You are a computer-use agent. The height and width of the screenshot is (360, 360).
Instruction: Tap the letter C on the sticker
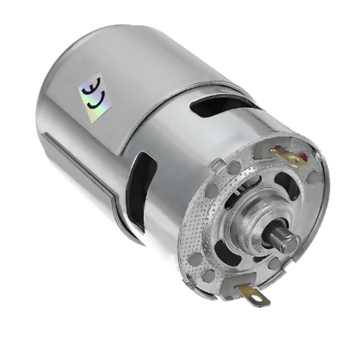pyautogui.click(x=95, y=101)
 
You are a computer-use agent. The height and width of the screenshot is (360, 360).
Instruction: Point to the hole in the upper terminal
pyautogui.click(x=297, y=158)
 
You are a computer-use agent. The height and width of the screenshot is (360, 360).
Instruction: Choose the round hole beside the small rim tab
pyautogui.click(x=233, y=169)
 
